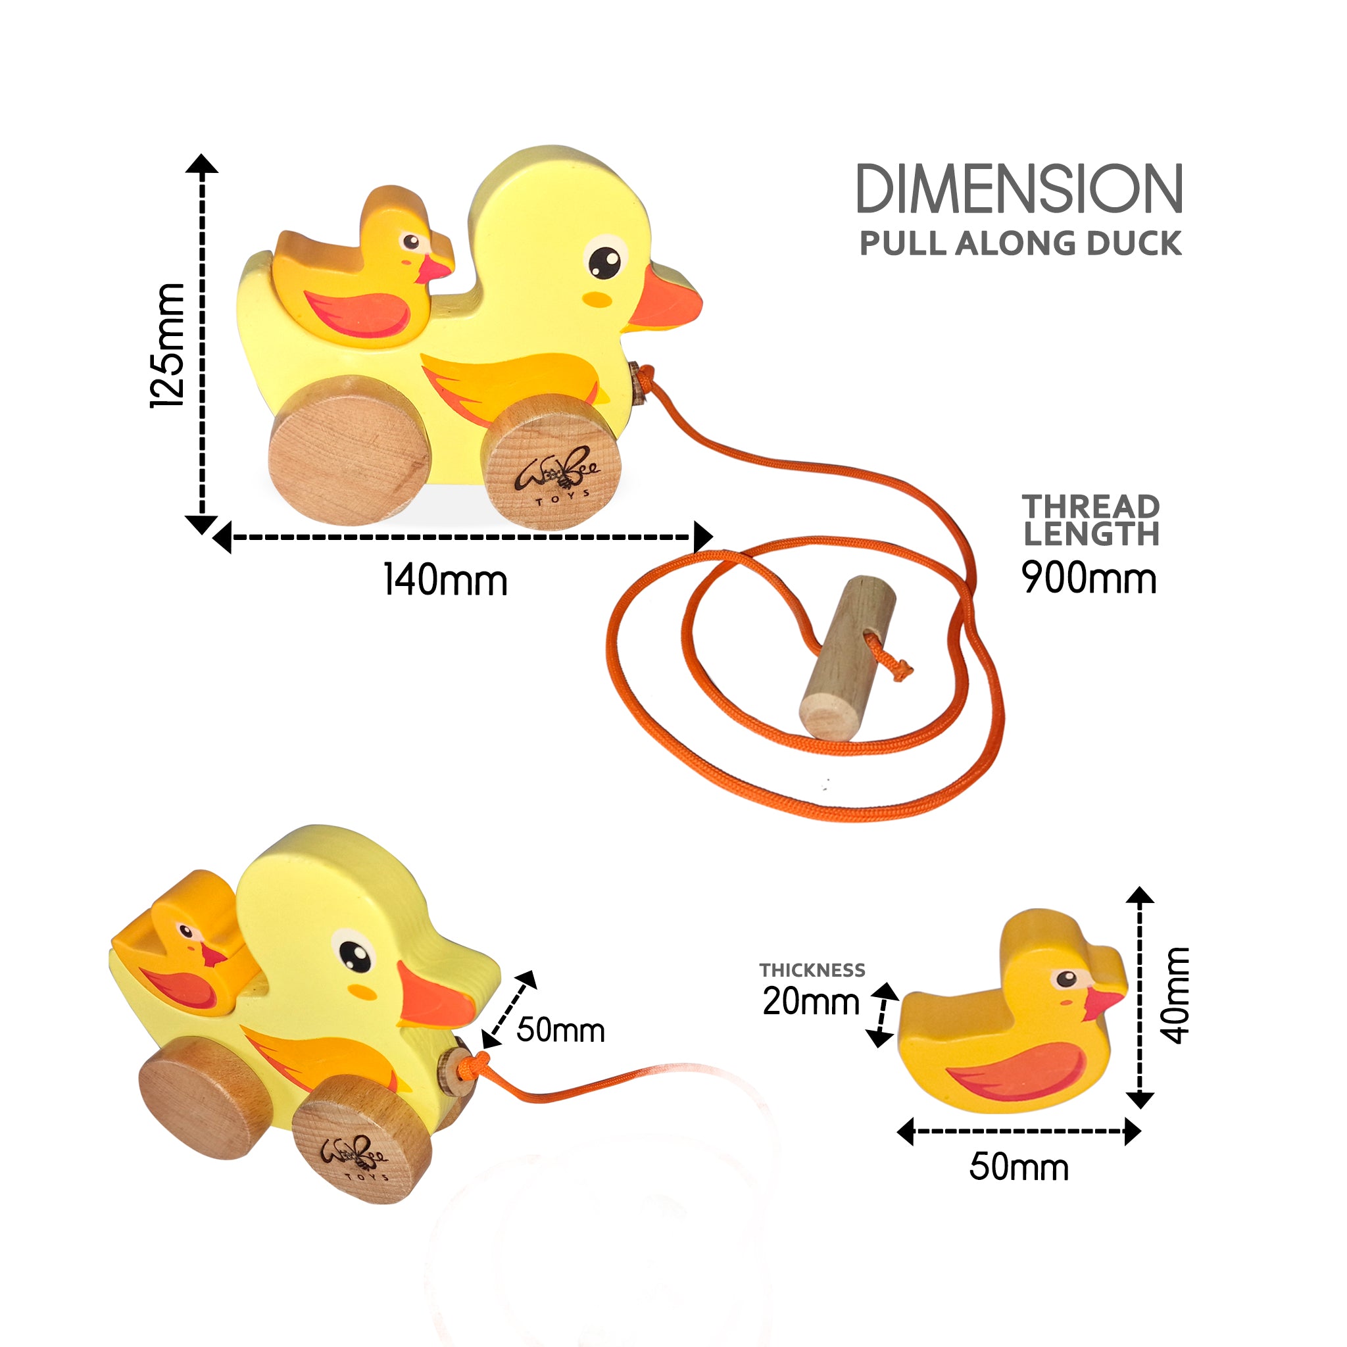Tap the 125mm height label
tap(168, 345)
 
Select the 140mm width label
tap(445, 580)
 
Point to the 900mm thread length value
tap(1089, 578)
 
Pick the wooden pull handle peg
tap(848, 657)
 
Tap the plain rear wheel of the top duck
tap(349, 450)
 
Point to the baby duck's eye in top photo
tap(411, 242)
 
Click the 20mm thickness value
tap(811, 1001)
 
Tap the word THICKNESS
tap(812, 970)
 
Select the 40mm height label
tap(1175, 995)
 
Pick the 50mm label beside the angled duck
tap(560, 1030)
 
